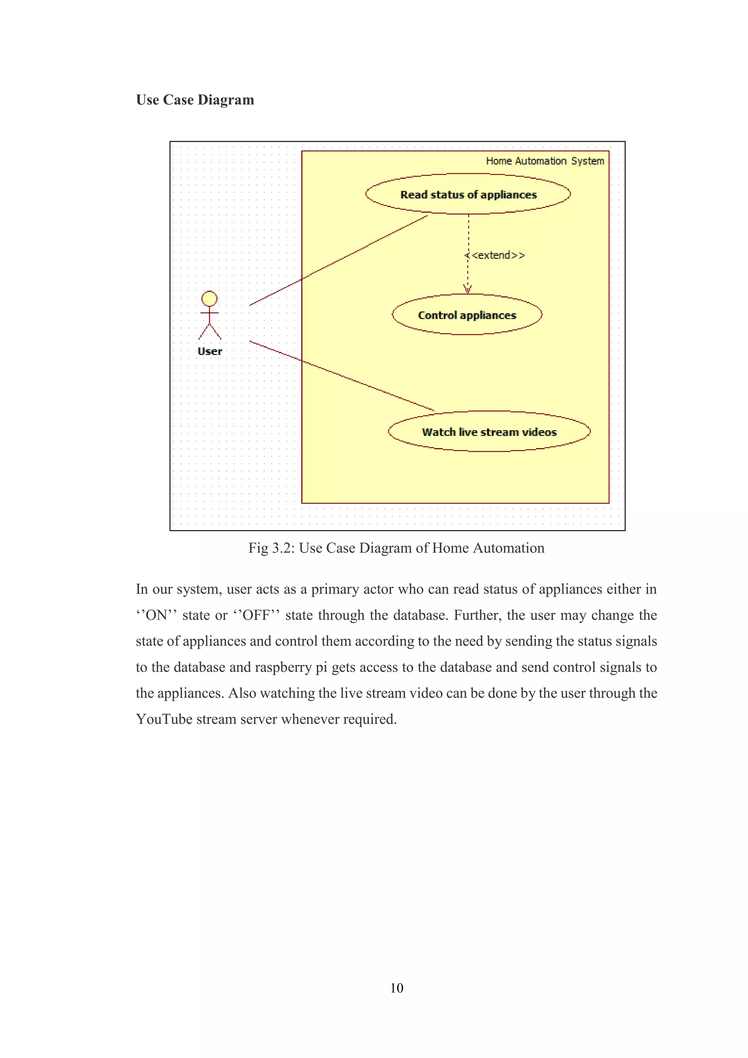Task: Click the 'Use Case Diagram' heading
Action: pyautogui.click(x=195, y=100)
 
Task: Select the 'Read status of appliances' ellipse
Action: pyautogui.click(x=468, y=194)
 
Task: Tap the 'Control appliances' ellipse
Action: pyautogui.click(x=467, y=315)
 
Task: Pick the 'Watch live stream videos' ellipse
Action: pyautogui.click(x=489, y=432)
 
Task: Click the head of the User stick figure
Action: pyautogui.click(x=209, y=299)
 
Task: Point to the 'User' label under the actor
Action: pyautogui.click(x=210, y=351)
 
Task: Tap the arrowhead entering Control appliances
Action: pyautogui.click(x=467, y=289)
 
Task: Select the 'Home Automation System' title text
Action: pyautogui.click(x=545, y=161)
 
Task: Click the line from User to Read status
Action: pyautogui.click(x=339, y=260)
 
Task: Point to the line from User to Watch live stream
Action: pyautogui.click(x=341, y=375)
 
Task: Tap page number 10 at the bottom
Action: pyautogui.click(x=396, y=988)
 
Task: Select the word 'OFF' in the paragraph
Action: pyautogui.click(x=256, y=615)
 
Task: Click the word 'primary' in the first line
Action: pyautogui.click(x=335, y=589)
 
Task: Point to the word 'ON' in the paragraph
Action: pyautogui.click(x=156, y=615)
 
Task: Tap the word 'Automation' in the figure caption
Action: pyautogui.click(x=508, y=548)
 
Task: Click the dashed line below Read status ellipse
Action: pyautogui.click(x=468, y=235)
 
